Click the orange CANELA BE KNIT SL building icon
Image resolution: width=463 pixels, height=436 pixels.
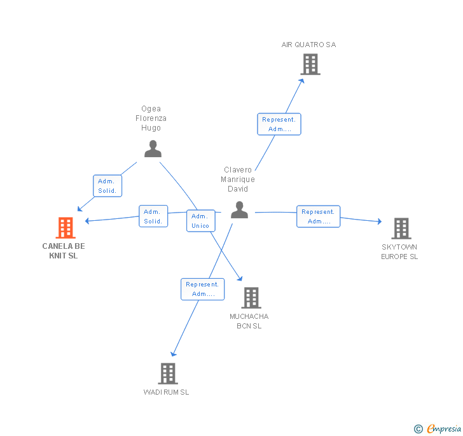[66, 228]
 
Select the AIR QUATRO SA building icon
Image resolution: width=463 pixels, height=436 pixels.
[310, 64]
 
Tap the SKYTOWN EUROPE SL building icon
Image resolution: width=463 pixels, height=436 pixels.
[401, 229]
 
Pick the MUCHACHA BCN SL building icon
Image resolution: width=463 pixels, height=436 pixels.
[251, 298]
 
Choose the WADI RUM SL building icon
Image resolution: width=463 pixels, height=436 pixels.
[168, 374]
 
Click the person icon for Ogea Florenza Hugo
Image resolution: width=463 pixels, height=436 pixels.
[153, 149]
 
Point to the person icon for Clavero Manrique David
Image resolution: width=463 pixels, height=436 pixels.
[240, 209]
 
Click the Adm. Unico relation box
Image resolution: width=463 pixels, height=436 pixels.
[201, 221]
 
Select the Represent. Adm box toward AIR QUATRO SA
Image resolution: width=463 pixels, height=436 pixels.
[279, 124]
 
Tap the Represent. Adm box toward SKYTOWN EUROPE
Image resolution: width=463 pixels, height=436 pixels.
[318, 216]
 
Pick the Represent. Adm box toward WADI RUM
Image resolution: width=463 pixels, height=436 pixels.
[202, 289]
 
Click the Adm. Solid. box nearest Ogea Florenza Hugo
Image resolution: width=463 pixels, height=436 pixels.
[107, 186]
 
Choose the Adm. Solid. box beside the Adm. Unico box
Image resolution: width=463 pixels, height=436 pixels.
[153, 216]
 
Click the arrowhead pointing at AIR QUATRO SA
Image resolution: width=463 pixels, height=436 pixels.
[301, 81]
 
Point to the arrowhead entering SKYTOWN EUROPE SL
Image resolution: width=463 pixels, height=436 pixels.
[380, 221]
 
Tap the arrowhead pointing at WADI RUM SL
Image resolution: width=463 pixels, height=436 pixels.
[174, 353]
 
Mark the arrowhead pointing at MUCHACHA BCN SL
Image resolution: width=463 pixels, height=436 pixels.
[240, 278]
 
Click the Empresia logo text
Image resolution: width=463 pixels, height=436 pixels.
[444, 428]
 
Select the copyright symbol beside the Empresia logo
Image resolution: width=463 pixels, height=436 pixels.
[418, 428]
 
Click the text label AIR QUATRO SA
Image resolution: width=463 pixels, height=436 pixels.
[308, 45]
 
